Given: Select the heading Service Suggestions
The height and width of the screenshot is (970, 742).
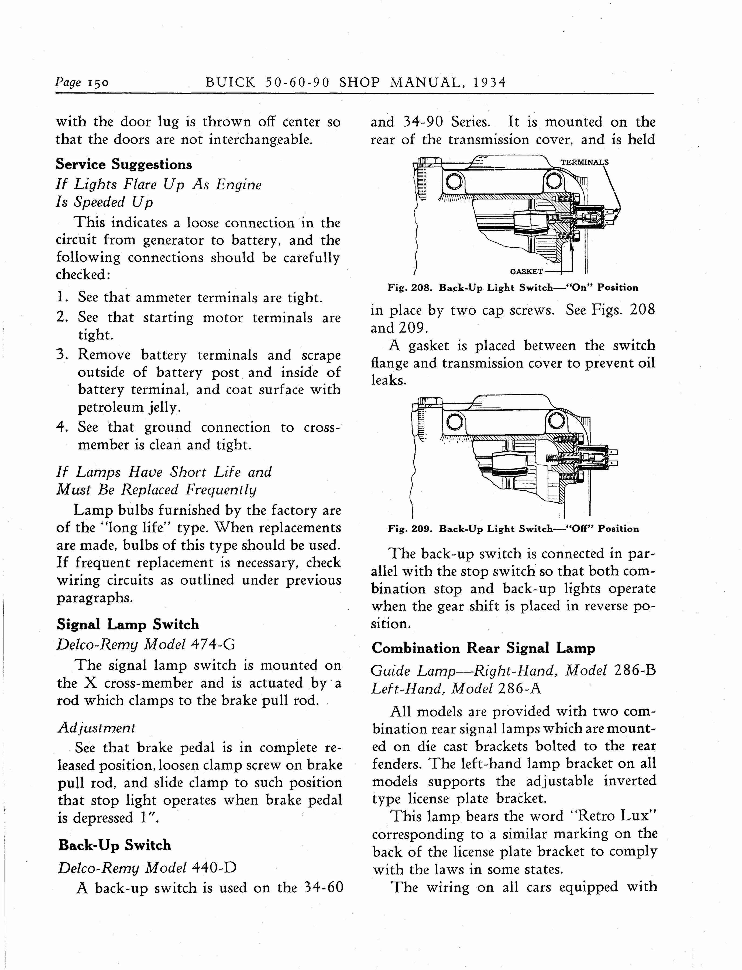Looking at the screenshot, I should (124, 165).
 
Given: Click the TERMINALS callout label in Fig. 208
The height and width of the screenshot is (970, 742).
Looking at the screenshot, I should (584, 162).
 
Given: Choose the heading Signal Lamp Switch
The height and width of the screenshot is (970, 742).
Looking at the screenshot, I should (128, 625).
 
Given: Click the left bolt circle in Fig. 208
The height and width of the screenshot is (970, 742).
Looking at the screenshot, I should (455, 181).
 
